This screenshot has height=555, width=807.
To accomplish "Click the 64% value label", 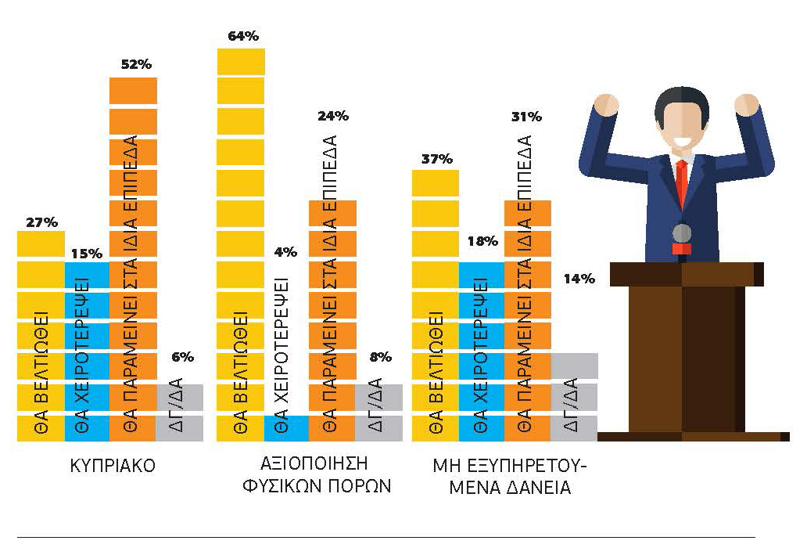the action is tap(243, 36).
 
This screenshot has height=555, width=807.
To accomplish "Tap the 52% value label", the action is tap(136, 64).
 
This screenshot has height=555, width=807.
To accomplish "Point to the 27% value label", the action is tap(41, 222).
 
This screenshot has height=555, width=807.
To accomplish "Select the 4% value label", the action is tap(285, 252).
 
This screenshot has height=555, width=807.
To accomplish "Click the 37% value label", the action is tap(437, 159).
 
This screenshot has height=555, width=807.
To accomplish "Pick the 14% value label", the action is tap(579, 279).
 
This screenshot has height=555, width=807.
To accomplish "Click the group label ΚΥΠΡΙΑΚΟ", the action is tap(112, 466).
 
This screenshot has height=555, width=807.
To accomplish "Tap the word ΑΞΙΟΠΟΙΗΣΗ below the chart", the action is tap(314, 463).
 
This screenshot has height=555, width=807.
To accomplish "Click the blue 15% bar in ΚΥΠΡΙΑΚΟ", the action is tap(87, 351).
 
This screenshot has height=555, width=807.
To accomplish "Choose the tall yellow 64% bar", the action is tap(240, 245).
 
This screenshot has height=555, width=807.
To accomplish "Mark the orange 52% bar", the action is tap(133, 260).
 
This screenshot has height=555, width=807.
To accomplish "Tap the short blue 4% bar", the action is tap(286, 429).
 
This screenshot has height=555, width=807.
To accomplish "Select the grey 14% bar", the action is tap(575, 398).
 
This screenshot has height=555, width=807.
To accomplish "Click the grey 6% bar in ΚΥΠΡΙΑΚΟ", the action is tap(180, 413).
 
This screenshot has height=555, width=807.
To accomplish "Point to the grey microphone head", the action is tap(682, 233).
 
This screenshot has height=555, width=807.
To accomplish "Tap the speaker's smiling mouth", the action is tap(681, 141).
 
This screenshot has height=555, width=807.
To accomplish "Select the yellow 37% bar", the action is tap(436, 306).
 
